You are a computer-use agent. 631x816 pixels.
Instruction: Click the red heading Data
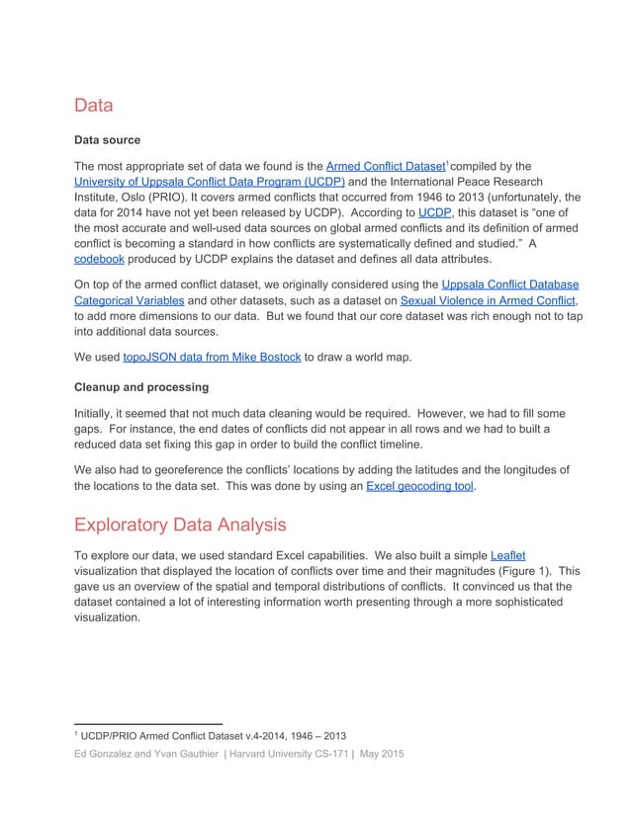coord(94,105)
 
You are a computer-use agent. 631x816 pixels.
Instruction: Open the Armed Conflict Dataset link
coord(384,166)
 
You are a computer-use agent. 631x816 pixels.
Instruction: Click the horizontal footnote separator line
coord(147,723)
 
